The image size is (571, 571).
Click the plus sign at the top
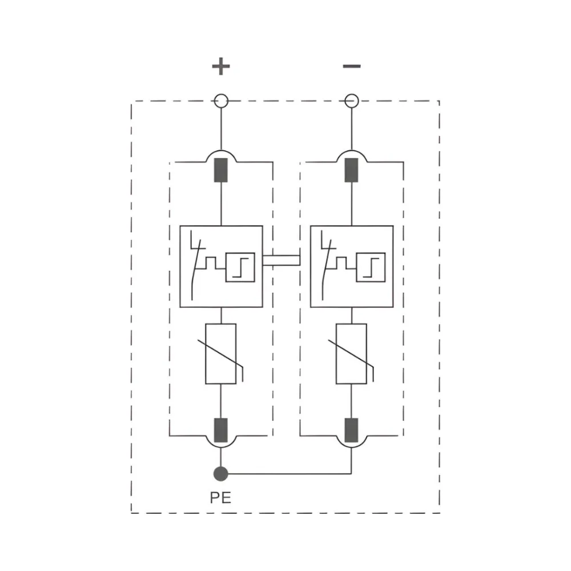[x=221, y=67]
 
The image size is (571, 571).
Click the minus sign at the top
[x=352, y=66]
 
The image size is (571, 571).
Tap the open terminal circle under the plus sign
[x=221, y=102]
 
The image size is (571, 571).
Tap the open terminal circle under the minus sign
[x=352, y=102]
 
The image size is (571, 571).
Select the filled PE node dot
[x=220, y=473]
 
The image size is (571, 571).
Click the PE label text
[x=220, y=497]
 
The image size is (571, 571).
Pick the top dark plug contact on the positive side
[x=221, y=170]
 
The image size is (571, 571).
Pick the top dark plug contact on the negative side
[x=352, y=170]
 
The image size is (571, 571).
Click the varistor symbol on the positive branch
[x=221, y=354]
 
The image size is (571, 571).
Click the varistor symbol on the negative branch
[x=352, y=354]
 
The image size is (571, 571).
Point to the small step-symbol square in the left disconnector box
[x=240, y=267]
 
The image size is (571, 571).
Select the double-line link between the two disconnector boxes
[x=282, y=260]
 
